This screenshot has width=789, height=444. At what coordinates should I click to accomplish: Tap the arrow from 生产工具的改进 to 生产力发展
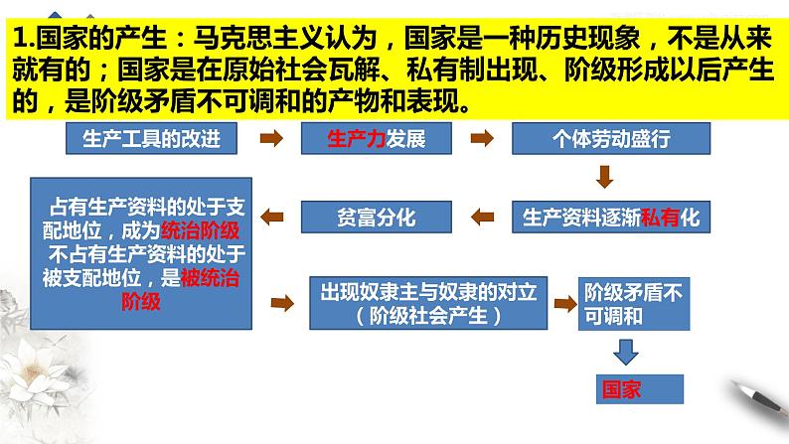268,139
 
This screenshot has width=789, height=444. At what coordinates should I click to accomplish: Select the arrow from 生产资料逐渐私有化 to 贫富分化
482,216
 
